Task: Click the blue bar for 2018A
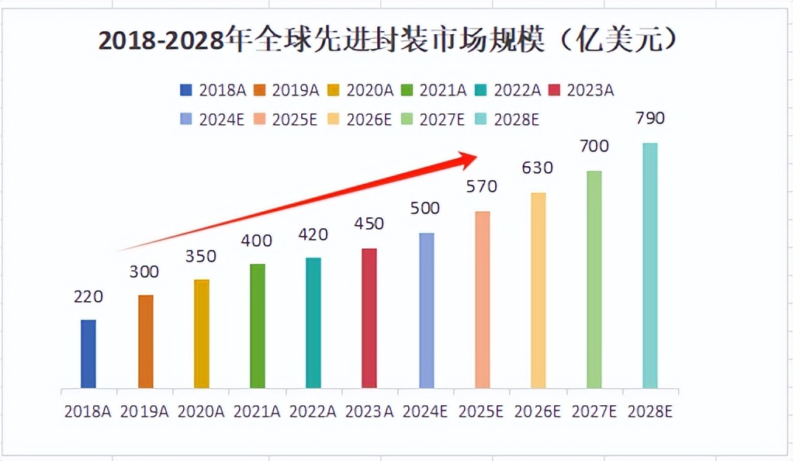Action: (88, 354)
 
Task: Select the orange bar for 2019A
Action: (146, 341)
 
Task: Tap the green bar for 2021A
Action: (258, 326)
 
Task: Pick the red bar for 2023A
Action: (369, 318)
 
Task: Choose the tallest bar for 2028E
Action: (649, 265)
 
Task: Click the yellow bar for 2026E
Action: (538, 290)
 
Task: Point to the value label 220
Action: (88, 296)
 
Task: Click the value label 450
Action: (369, 224)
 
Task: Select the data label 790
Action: (649, 119)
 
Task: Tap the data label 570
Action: (481, 187)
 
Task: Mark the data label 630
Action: (538, 168)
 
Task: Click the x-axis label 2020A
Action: (201, 411)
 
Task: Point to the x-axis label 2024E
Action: (425, 411)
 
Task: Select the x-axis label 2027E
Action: (594, 411)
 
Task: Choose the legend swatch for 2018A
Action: (185, 90)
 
